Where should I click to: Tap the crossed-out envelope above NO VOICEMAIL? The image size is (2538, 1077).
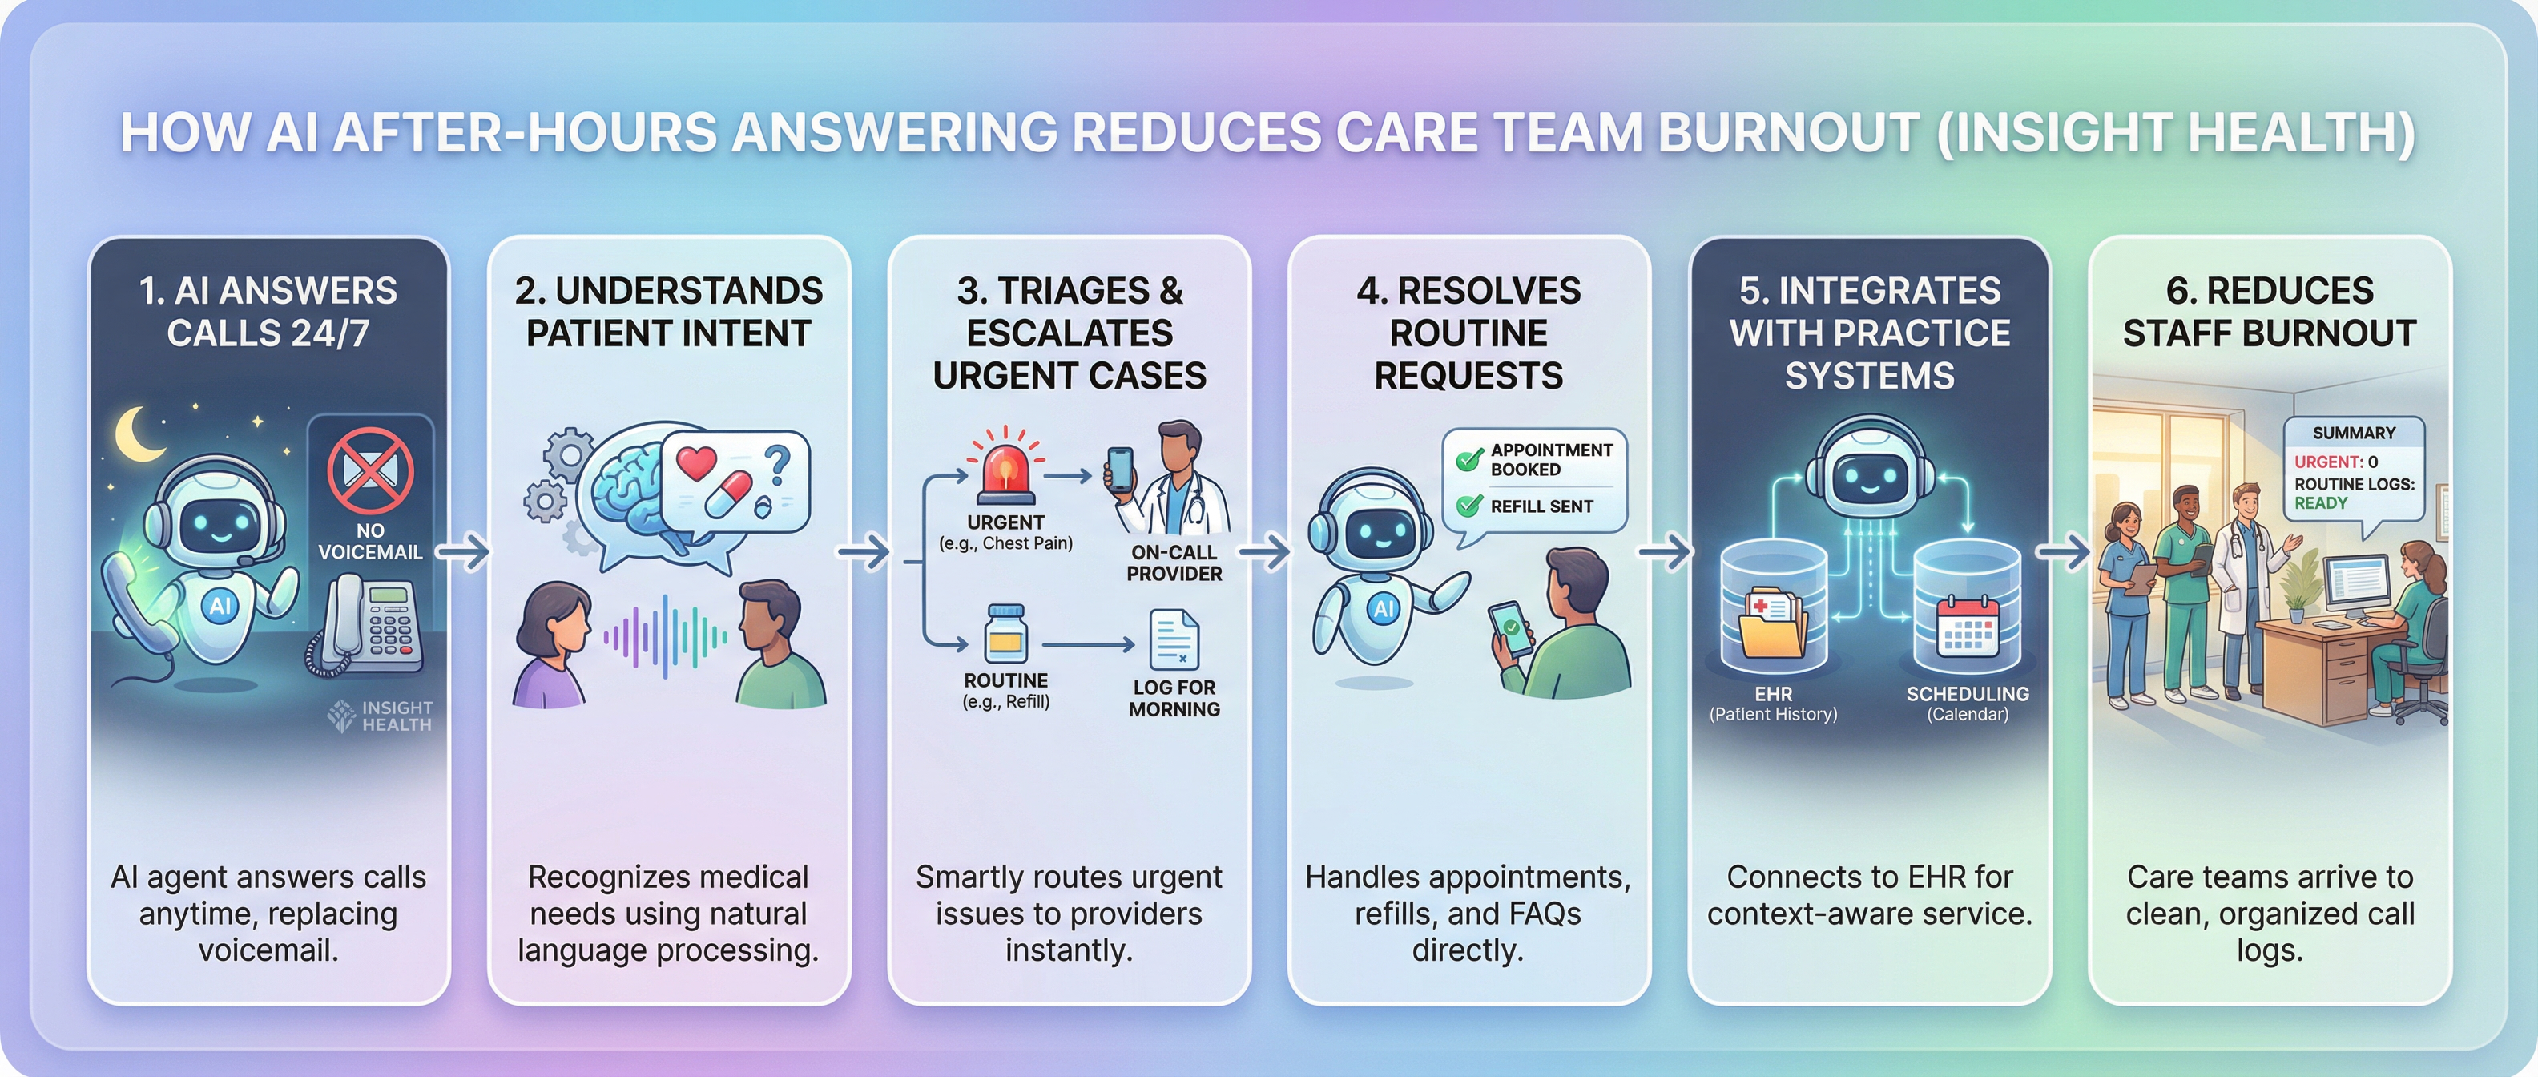click(x=370, y=468)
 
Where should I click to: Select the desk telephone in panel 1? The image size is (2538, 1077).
click(x=369, y=626)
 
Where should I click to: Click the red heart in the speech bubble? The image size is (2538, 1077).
click(x=696, y=462)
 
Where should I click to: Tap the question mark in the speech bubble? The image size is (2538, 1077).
click(x=779, y=462)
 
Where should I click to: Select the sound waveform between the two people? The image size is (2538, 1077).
click(x=665, y=636)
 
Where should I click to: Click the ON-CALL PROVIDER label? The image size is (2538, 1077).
click(x=1174, y=563)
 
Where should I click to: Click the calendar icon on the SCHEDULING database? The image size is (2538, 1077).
click(x=1967, y=626)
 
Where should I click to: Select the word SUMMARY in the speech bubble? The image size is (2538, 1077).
click(x=2354, y=433)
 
